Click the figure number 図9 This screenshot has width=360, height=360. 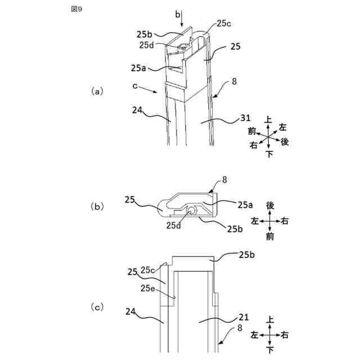[77, 10]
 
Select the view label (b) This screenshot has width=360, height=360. [98, 206]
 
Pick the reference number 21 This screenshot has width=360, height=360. [243, 317]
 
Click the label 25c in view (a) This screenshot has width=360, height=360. [224, 24]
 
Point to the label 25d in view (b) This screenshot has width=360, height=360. [173, 225]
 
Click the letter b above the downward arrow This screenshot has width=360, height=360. [178, 13]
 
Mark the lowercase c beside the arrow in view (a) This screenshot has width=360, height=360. [135, 86]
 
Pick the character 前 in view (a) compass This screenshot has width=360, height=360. [253, 131]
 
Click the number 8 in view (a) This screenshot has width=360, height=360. [234, 82]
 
